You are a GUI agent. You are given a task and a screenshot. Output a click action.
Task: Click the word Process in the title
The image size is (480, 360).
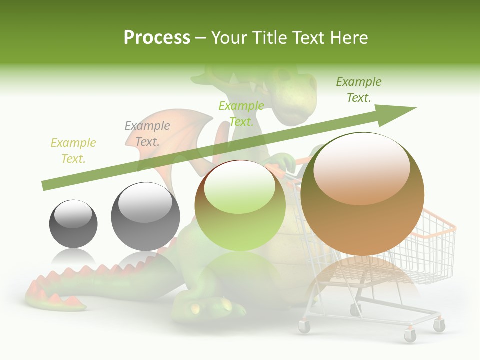tap(157, 37)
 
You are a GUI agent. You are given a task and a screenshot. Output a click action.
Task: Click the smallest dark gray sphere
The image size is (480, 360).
tap(73, 223)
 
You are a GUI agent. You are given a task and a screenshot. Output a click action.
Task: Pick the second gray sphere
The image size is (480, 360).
tap(145, 216)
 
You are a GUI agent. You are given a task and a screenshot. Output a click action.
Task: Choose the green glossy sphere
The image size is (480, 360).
tap(240, 205)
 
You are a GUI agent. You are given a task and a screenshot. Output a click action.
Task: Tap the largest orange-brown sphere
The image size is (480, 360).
tap(362, 194)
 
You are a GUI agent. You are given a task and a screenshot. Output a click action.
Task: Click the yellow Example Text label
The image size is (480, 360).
tap(73, 150)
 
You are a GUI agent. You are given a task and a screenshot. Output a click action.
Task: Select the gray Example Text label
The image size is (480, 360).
tap(147, 133)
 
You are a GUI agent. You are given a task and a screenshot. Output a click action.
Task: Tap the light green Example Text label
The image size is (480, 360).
tap(241, 113)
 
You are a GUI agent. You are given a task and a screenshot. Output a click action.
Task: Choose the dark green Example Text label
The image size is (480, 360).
tap(358, 89)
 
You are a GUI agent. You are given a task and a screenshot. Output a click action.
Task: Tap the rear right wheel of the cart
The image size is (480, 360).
tap(439, 326)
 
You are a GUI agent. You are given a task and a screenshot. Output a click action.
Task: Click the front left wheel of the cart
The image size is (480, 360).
tap(304, 327)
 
